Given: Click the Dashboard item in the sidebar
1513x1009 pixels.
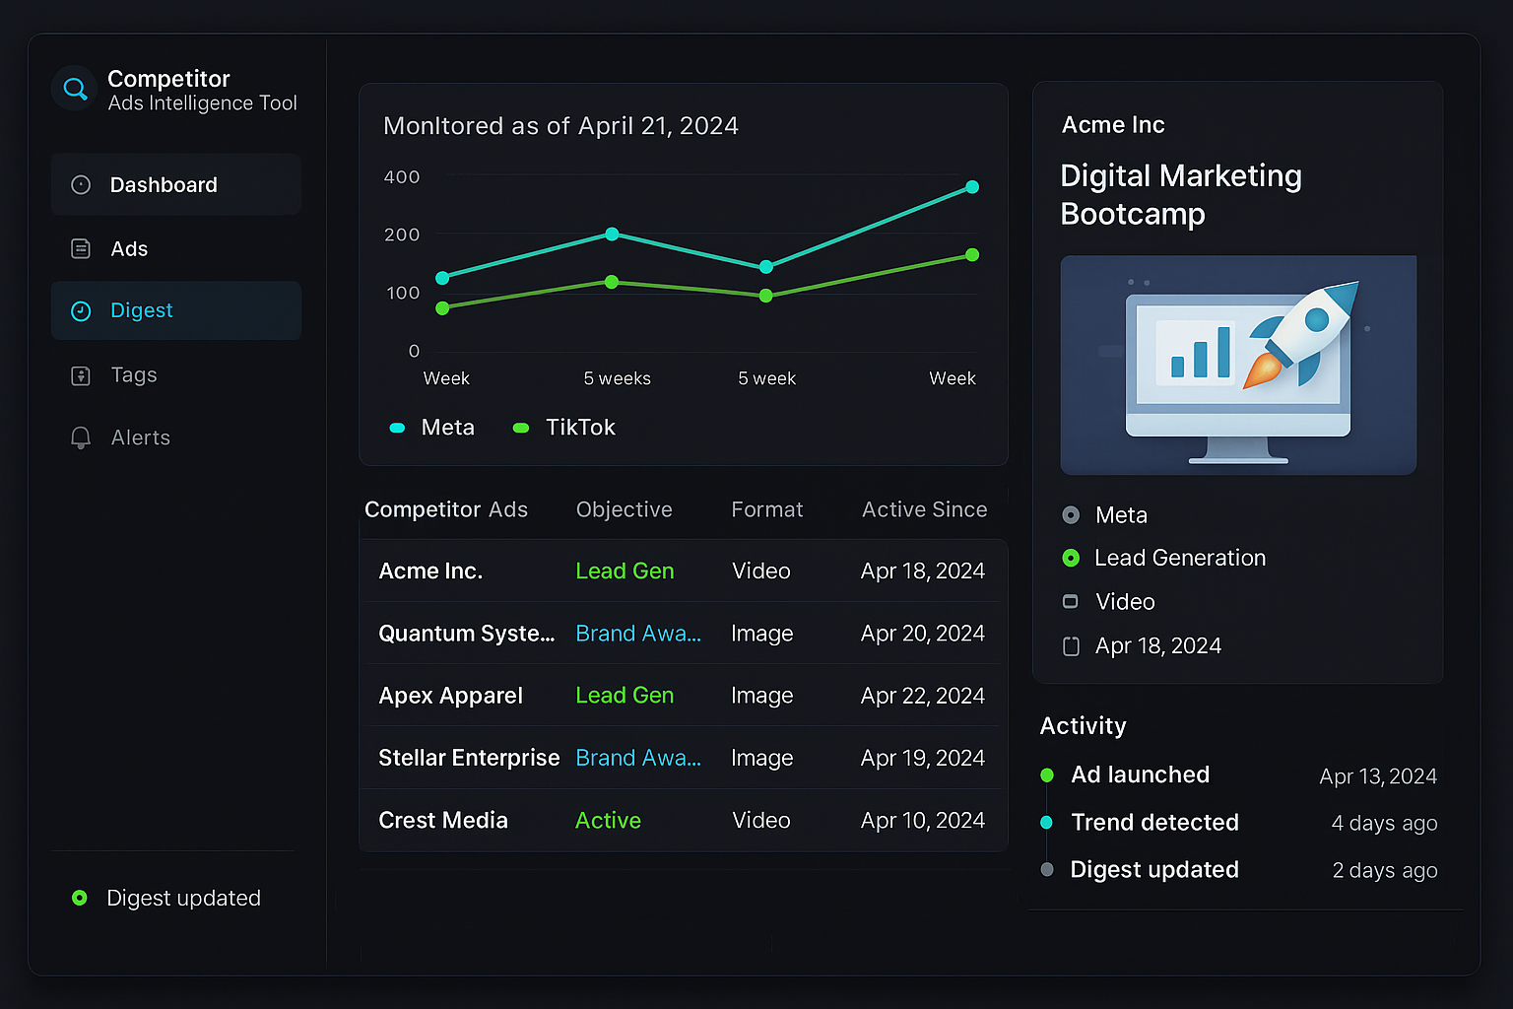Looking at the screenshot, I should click(164, 185).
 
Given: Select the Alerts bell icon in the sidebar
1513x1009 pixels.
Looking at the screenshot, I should click(81, 437).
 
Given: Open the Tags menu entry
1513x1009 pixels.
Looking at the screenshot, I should click(133, 375).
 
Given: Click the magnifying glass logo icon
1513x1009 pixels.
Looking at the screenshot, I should click(75, 89).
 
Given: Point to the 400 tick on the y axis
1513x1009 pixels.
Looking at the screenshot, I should click(402, 177).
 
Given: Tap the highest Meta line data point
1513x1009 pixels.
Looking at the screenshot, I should click(972, 187).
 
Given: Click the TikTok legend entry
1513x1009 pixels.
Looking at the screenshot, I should click(579, 428).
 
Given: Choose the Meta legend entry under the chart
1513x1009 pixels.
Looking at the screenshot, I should click(446, 428).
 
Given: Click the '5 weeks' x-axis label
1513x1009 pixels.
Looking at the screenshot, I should click(617, 378).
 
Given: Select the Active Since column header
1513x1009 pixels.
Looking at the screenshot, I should click(924, 509).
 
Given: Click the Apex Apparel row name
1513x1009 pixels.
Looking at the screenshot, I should click(450, 696).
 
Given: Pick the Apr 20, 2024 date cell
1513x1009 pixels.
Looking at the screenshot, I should click(922, 634).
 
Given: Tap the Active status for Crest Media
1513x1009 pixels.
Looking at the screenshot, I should click(608, 821).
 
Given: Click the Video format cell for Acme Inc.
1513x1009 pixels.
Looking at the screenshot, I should click(760, 572).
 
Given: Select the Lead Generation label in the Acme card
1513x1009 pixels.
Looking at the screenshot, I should click(1179, 559).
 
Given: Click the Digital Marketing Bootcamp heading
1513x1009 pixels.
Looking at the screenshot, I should click(1180, 195).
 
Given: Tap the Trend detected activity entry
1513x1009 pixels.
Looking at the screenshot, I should click(1154, 823).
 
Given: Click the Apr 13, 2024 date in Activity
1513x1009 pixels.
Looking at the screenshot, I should click(1377, 776).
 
